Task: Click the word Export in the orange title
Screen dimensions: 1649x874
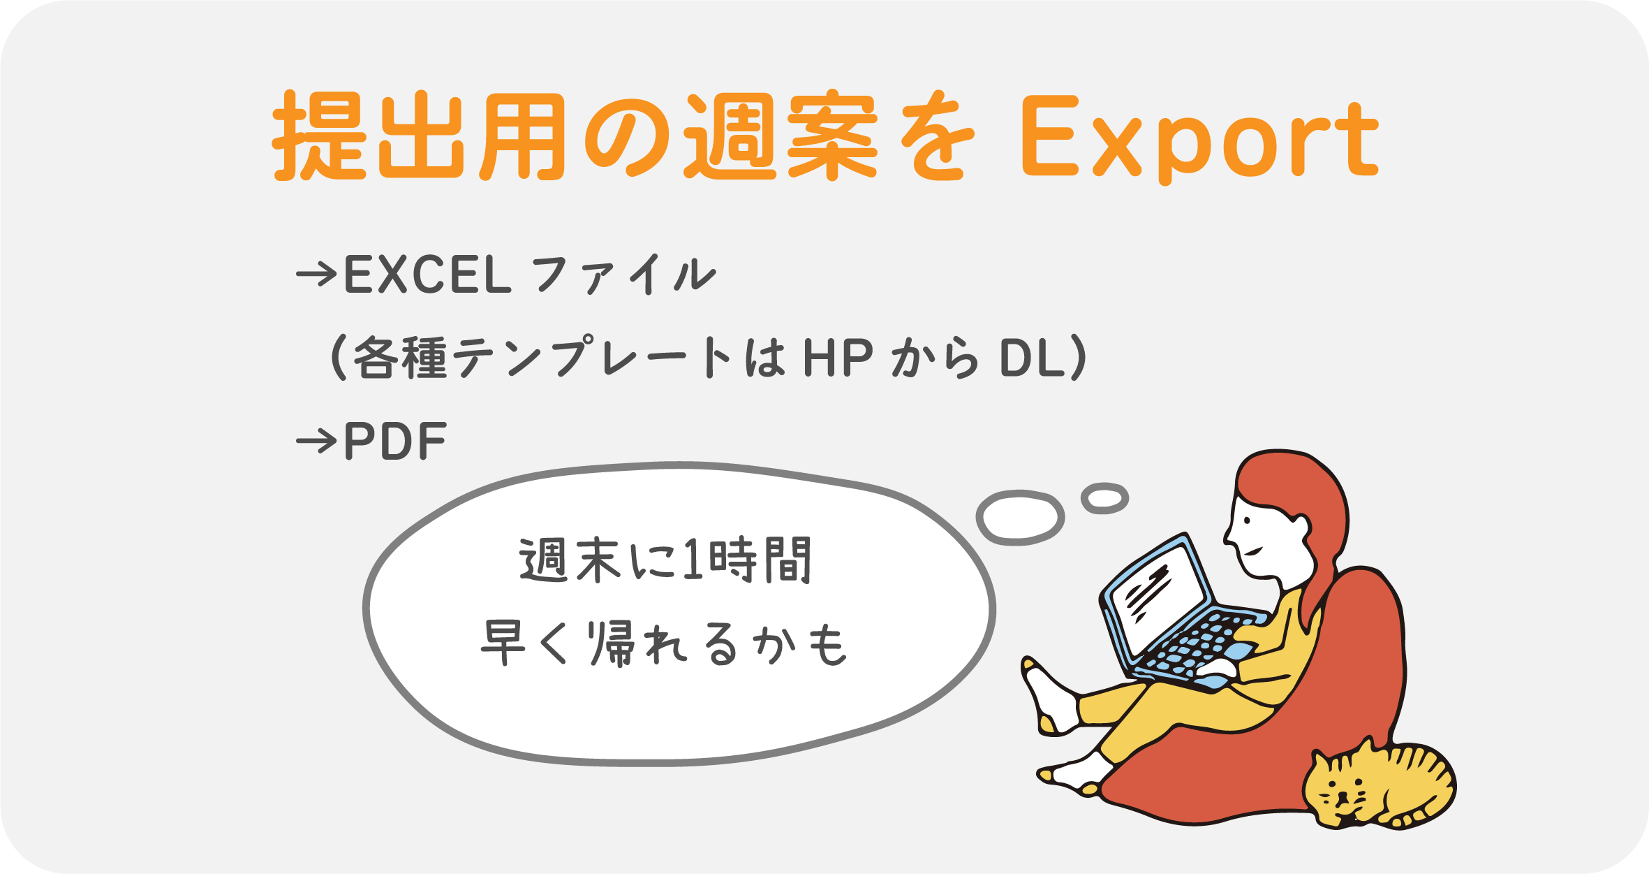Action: (1199, 139)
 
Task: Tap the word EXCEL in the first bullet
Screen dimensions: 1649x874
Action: (428, 275)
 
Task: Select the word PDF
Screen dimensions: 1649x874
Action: (395, 442)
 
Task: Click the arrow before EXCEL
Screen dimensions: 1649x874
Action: (317, 275)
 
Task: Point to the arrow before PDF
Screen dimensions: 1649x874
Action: (317, 442)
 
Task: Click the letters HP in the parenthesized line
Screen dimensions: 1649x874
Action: (838, 358)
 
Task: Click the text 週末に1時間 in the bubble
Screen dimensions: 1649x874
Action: (665, 560)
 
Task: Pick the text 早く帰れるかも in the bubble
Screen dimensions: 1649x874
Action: (664, 643)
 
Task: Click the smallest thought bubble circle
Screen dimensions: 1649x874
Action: (1104, 498)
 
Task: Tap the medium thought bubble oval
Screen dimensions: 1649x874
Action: (1020, 518)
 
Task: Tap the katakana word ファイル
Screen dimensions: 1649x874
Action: (624, 275)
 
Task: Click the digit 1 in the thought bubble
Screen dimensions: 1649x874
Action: (691, 560)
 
